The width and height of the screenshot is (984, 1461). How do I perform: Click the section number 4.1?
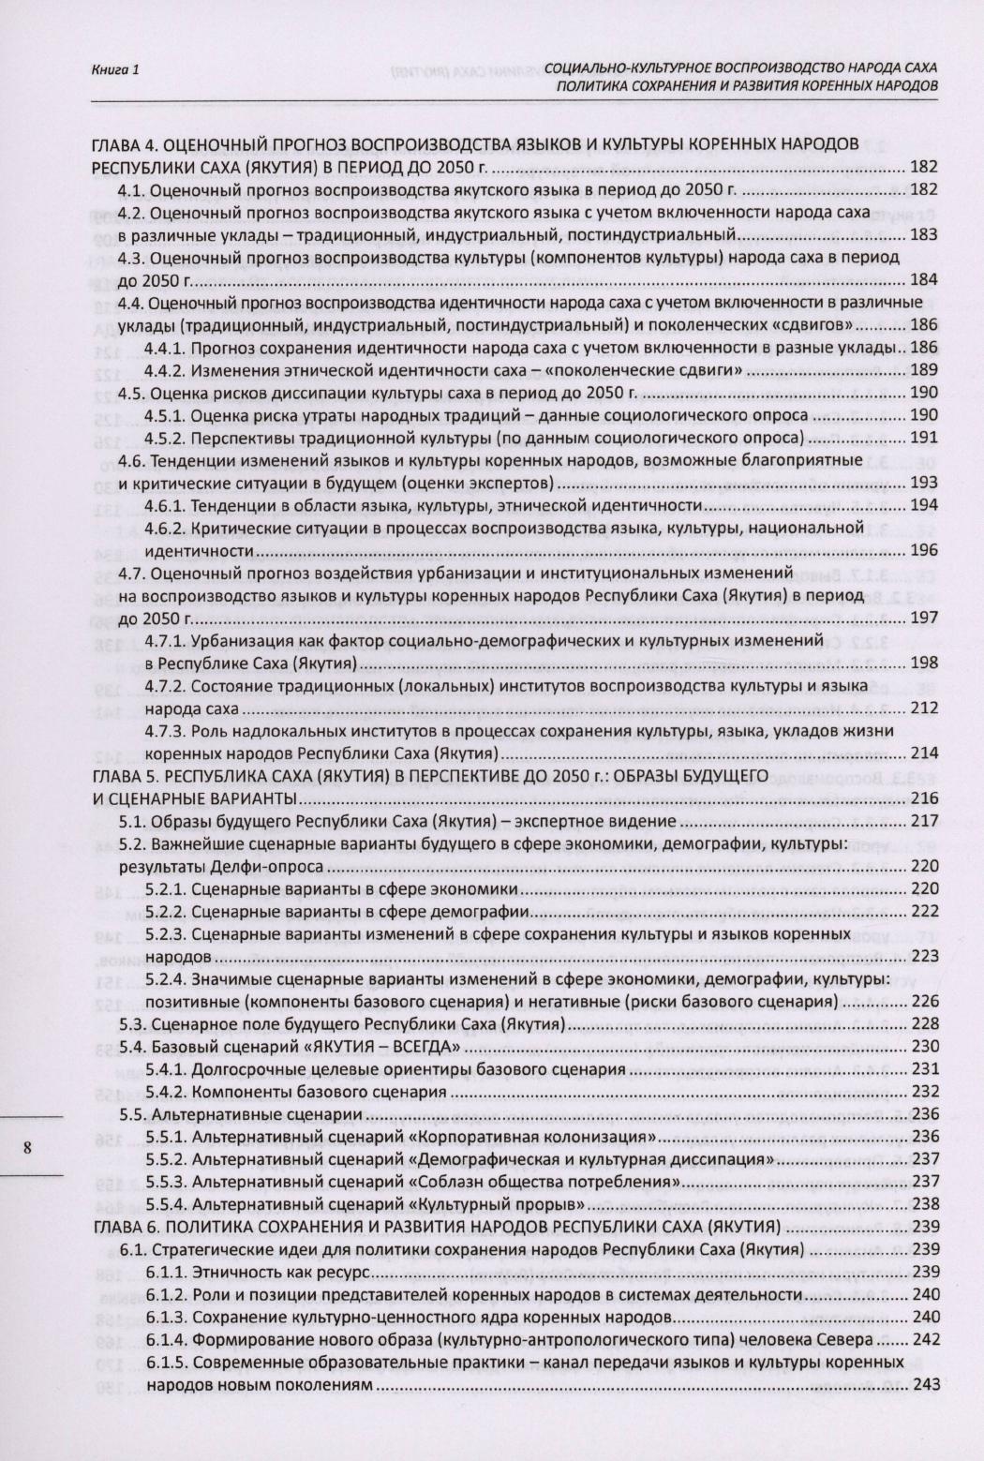pos(132,190)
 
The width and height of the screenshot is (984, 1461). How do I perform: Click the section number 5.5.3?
pos(167,1183)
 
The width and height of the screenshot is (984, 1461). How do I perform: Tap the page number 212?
pos(924,708)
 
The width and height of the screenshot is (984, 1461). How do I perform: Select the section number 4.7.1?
pos(167,641)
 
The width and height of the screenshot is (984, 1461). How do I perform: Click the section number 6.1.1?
pos(167,1273)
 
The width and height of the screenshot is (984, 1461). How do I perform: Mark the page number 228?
pos(924,1024)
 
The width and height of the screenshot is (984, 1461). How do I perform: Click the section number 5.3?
pos(132,1024)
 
